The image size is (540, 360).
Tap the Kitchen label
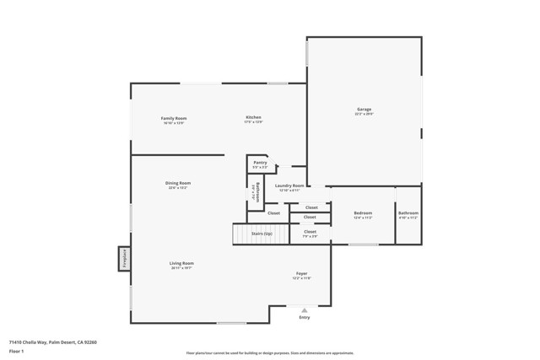[x=253, y=117]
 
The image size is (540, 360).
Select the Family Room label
[x=173, y=118]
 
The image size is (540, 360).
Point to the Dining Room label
[x=178, y=183]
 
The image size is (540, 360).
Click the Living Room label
[x=181, y=263]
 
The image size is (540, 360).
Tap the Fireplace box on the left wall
[x=124, y=258]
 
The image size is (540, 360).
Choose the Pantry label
[x=260, y=162]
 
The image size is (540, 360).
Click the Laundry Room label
[x=289, y=185]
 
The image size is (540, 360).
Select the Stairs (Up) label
[x=262, y=234]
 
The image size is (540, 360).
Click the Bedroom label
[x=363, y=213]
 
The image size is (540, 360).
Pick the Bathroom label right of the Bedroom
[x=408, y=213]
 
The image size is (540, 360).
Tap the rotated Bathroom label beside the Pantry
[x=255, y=193]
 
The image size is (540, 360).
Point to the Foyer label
[x=301, y=273]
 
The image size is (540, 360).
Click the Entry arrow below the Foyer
[x=305, y=309]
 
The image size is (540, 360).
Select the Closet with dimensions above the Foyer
[x=310, y=231]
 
